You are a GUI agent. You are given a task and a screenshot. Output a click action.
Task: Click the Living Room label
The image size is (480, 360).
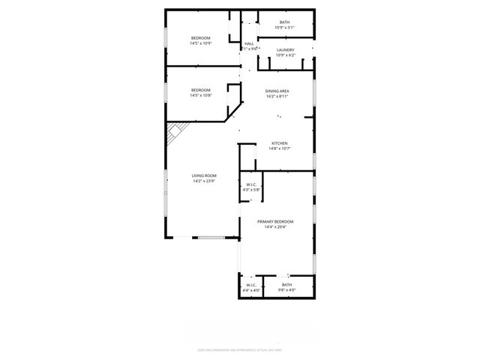204,175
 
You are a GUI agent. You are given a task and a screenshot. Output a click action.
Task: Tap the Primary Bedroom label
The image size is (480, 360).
275,221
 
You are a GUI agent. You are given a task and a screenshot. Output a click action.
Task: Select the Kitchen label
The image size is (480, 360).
280,143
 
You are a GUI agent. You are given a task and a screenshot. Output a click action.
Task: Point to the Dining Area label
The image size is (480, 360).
277,91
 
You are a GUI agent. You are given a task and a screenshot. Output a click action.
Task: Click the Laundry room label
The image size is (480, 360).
285,49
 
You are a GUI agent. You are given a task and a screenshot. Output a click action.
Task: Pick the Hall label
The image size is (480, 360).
249,43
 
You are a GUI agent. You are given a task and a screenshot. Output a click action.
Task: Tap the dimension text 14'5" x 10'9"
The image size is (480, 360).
200,43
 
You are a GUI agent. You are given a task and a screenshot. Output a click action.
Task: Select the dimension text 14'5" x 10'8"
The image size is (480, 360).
200,95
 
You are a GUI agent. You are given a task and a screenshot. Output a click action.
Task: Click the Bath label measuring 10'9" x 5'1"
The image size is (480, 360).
285,22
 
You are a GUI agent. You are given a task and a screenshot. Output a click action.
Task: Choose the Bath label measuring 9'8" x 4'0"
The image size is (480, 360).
287,284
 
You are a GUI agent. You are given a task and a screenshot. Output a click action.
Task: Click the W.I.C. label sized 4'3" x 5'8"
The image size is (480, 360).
250,184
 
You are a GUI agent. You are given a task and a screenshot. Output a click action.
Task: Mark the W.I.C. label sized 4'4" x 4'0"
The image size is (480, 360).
251,284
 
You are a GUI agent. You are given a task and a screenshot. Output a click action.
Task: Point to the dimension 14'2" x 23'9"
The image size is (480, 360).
204,181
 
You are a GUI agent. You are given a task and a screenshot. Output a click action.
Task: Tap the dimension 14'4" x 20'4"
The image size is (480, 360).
275,227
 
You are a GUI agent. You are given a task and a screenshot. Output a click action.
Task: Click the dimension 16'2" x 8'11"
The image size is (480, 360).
277,96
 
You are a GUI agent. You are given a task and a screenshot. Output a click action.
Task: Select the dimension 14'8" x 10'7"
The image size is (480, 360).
280,148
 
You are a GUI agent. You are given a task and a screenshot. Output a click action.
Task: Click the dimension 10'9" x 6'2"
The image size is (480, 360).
285,55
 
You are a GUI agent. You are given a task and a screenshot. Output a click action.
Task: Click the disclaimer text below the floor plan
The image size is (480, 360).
239,349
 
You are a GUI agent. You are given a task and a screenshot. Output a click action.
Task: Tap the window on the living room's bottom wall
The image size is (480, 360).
211,238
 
